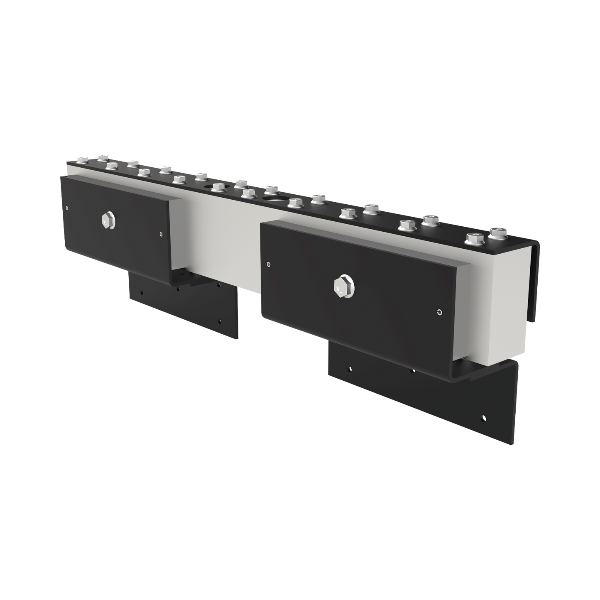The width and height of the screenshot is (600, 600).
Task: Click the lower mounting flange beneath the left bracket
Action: [183, 307]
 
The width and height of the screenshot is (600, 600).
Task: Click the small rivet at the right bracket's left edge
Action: [269, 263]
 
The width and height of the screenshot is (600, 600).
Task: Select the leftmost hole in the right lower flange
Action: [350, 368]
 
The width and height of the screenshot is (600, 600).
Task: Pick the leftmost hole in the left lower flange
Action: [142, 291]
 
